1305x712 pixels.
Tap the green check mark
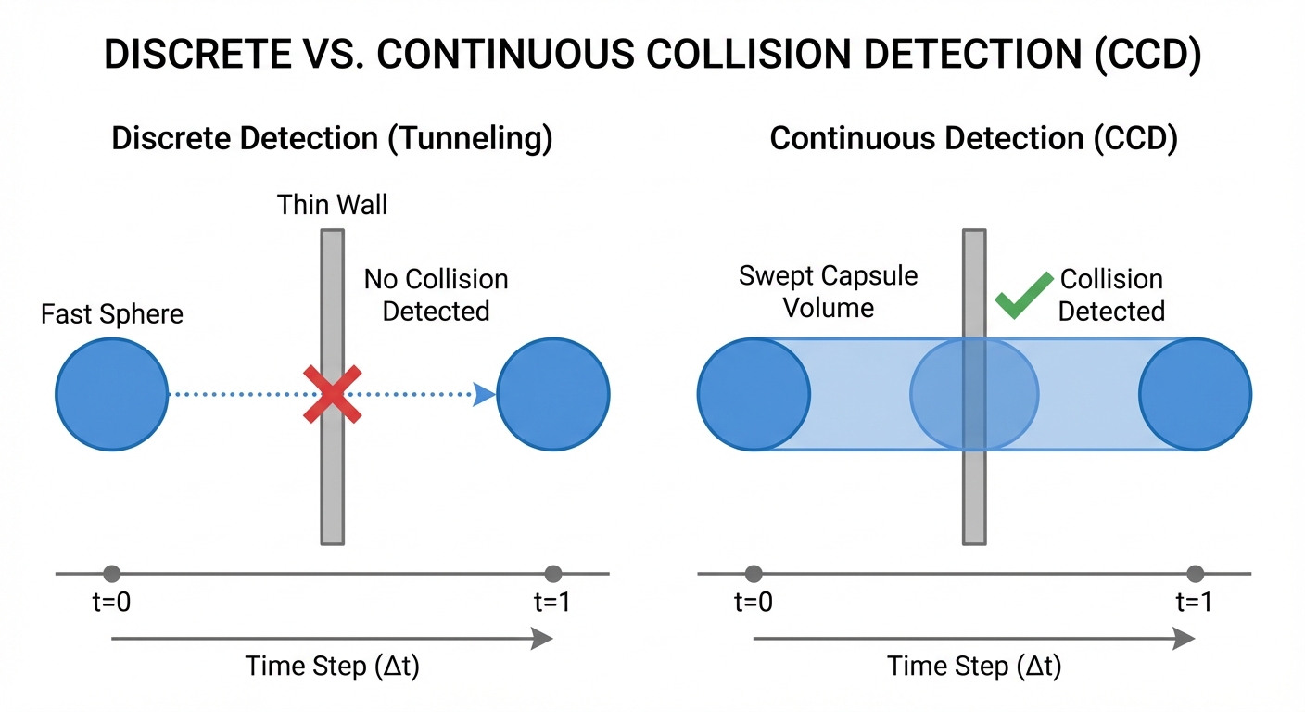tap(1022, 295)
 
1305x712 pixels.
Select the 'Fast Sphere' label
tap(112, 314)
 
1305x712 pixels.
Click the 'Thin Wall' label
tap(332, 204)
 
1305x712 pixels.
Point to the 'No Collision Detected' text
tap(436, 295)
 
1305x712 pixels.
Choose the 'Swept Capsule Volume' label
tap(828, 291)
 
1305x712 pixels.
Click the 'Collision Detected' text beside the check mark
tap(1110, 295)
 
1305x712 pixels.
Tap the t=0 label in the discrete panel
tap(112, 602)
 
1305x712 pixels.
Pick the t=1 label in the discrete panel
tap(552, 602)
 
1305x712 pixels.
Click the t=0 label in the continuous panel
tap(754, 602)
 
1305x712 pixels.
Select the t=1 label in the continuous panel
tap(1195, 602)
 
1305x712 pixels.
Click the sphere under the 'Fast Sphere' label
tap(112, 394)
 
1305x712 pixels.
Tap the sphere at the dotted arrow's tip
tap(553, 394)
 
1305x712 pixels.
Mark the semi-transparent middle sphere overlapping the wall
tap(973, 394)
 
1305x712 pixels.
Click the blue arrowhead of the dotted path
tap(484, 394)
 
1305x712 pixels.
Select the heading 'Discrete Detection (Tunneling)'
tap(332, 139)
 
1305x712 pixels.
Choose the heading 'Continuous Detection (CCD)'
tap(973, 139)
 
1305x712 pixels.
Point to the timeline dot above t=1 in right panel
tap(1195, 574)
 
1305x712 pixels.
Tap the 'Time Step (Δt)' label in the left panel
tap(332, 667)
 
